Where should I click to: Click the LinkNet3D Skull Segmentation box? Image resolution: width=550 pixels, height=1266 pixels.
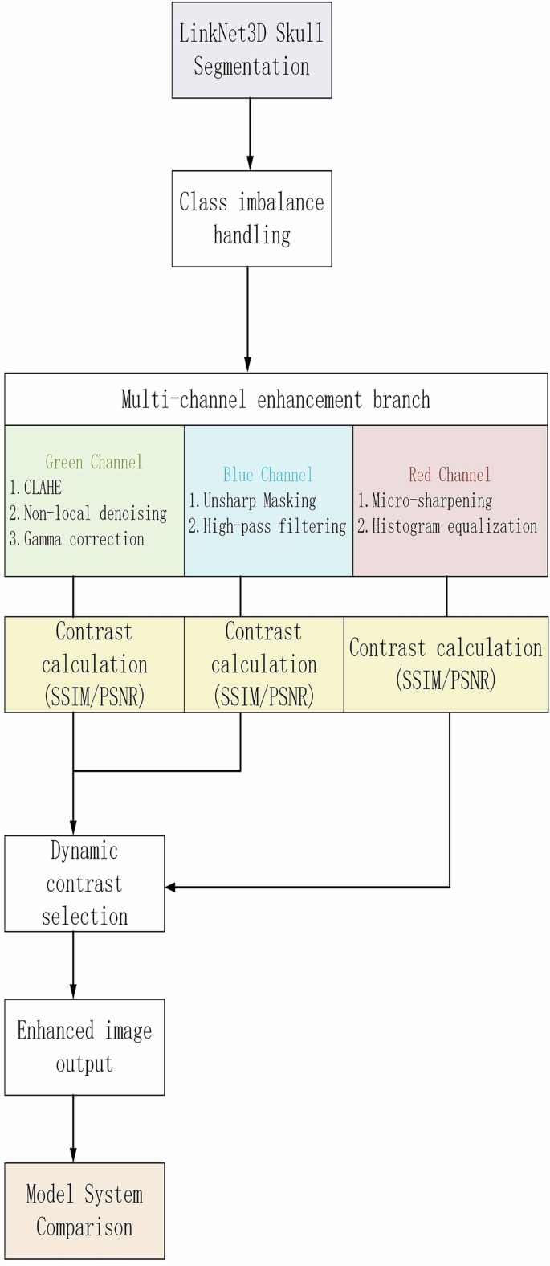click(x=251, y=50)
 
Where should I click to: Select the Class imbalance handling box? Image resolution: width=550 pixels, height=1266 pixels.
click(x=251, y=218)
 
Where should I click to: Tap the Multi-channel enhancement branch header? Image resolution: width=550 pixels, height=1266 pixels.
click(x=275, y=399)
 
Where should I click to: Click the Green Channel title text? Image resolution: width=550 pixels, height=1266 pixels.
click(x=94, y=462)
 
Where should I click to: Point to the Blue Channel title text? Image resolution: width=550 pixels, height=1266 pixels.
click(x=268, y=475)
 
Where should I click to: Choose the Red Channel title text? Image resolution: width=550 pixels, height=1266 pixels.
click(x=450, y=475)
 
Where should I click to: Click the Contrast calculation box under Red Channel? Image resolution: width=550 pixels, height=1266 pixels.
click(x=446, y=664)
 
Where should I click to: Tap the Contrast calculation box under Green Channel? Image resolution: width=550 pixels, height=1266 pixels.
click(x=95, y=664)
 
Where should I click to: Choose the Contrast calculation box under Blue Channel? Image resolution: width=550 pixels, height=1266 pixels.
click(x=264, y=664)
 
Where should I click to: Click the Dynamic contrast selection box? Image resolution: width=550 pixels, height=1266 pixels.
click(x=84, y=884)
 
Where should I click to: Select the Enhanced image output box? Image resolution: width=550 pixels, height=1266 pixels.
click(x=84, y=1047)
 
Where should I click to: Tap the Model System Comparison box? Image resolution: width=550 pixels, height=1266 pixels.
click(x=84, y=1211)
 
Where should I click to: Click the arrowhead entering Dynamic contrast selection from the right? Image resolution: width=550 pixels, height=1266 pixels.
click(x=171, y=888)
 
